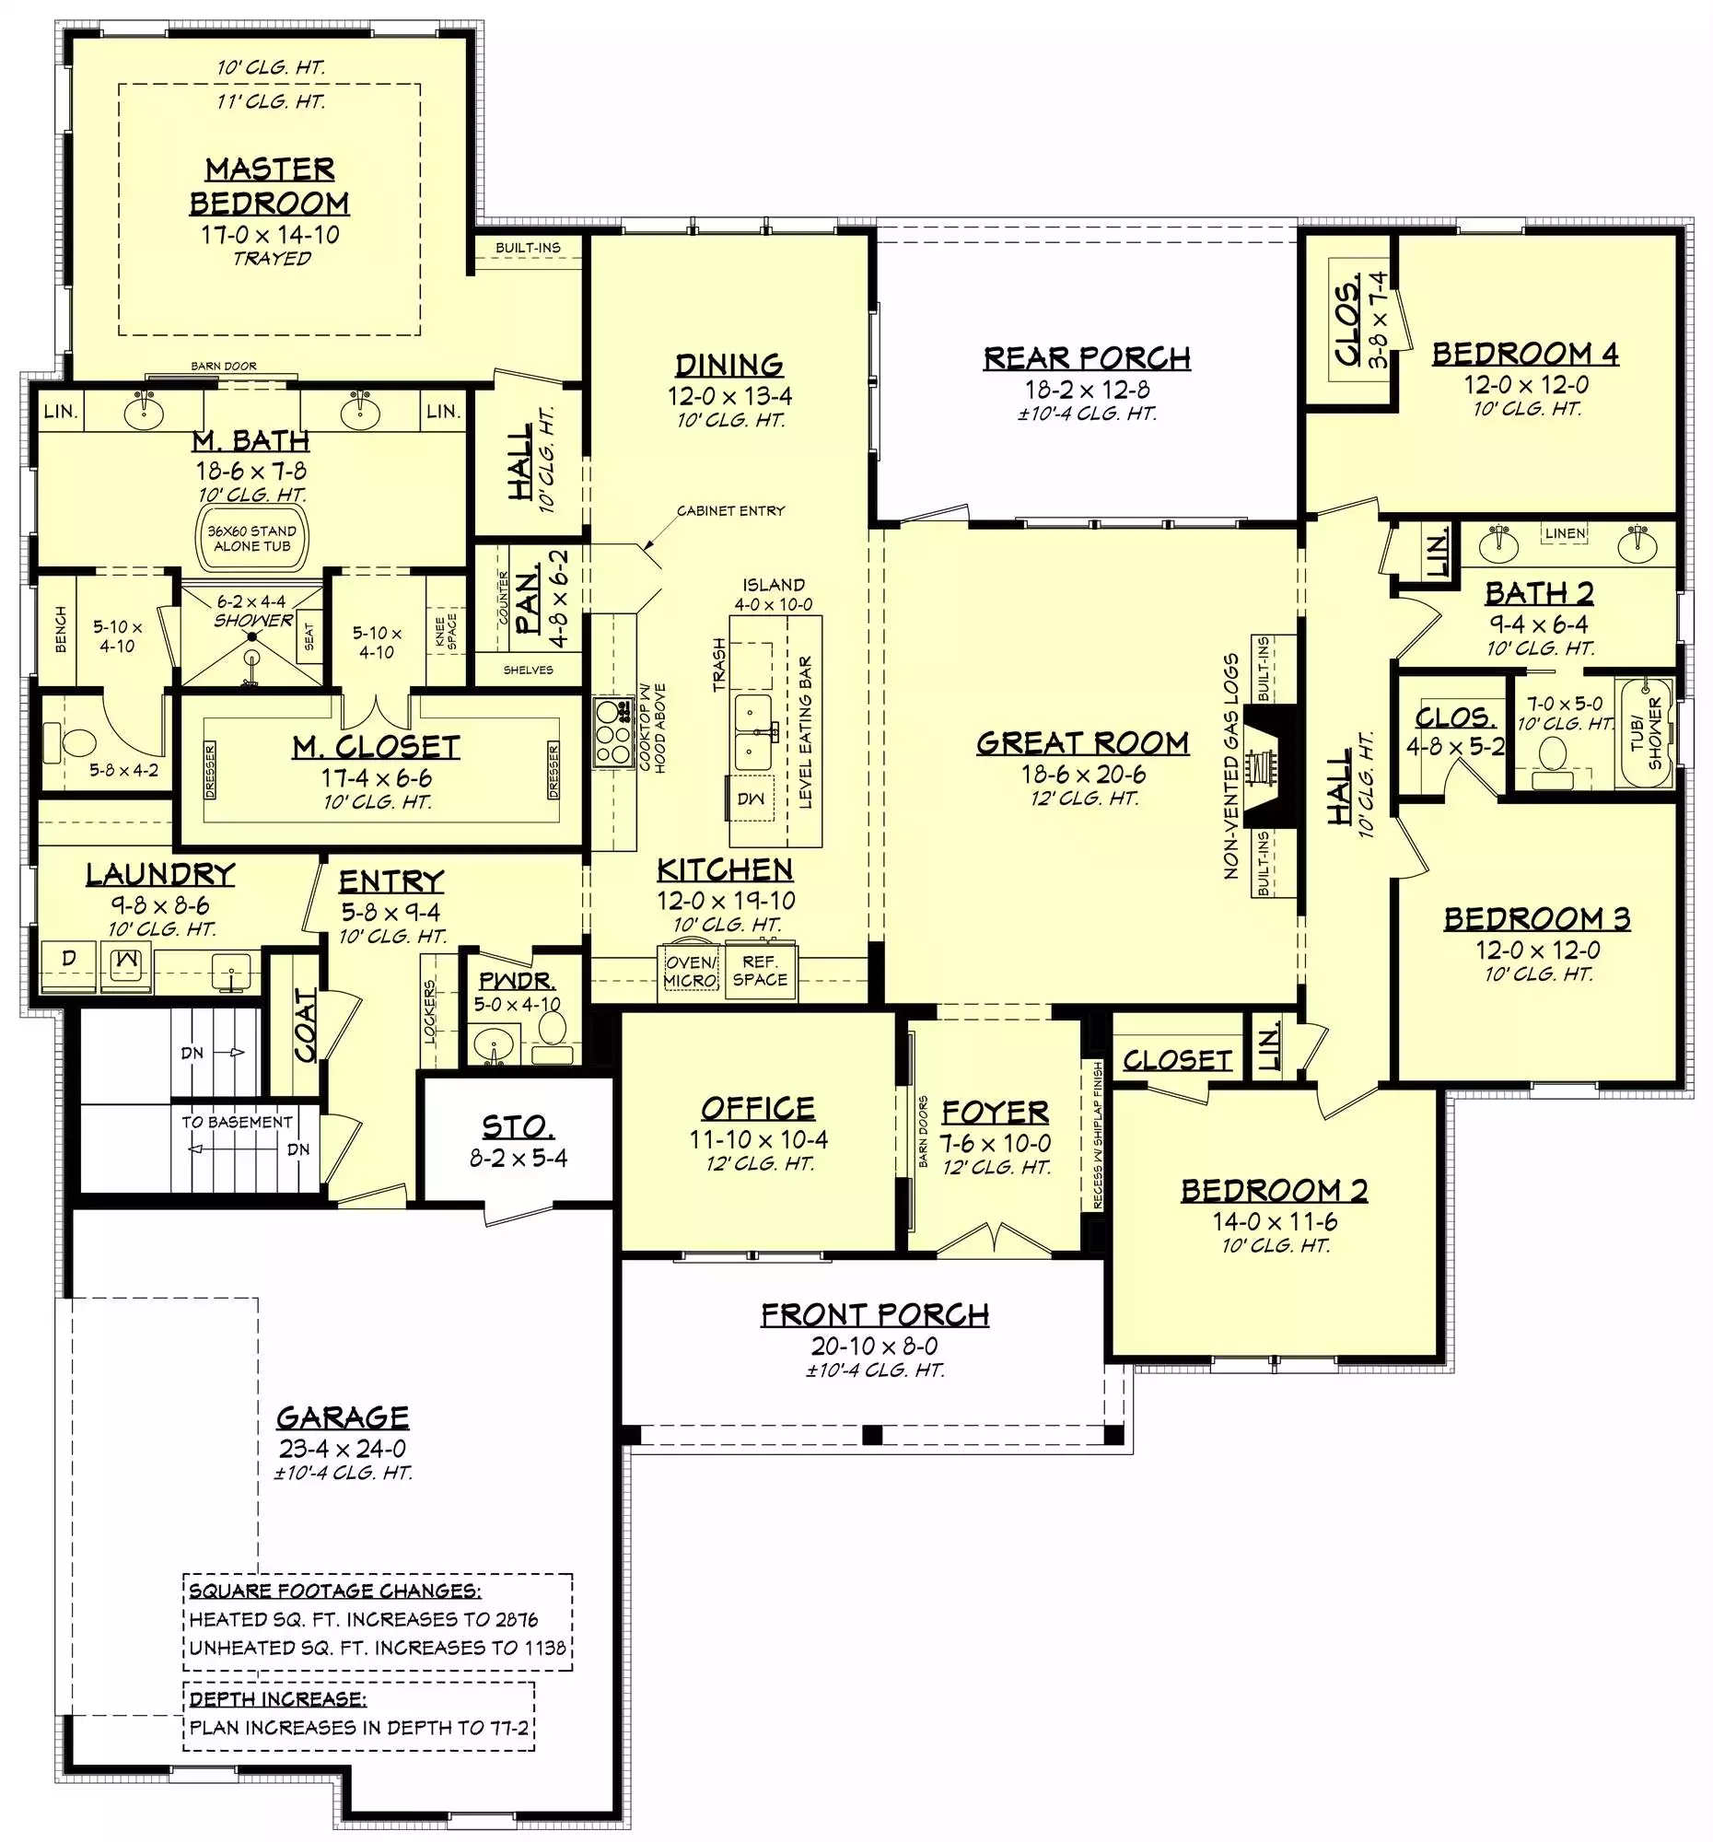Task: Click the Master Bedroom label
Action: [270, 185]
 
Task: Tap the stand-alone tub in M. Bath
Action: [252, 538]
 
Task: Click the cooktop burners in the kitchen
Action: [612, 731]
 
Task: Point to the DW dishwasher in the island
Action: [751, 799]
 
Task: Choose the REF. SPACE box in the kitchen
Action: [760, 971]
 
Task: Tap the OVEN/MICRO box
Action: [690, 971]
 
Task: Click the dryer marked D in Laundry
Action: [68, 959]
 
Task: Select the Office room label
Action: [758, 1108]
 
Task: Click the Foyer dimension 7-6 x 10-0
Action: [995, 1142]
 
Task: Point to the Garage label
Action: [343, 1416]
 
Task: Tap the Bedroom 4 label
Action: [1525, 353]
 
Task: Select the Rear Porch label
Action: [1087, 357]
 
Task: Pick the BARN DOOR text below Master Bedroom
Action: [224, 366]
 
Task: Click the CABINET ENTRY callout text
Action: [731, 510]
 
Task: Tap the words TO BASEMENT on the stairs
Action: [237, 1122]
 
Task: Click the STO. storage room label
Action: [518, 1126]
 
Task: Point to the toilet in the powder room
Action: [554, 1034]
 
